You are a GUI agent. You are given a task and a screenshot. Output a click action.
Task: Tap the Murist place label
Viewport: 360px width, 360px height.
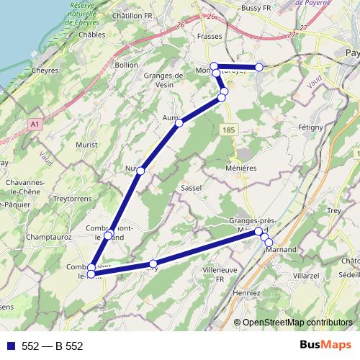(86, 145)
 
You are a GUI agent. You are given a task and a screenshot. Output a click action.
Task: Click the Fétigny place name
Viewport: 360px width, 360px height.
(311, 126)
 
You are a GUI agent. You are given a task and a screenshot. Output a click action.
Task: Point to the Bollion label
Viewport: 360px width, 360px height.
(125, 65)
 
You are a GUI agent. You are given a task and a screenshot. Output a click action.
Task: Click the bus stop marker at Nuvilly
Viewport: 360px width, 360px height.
(140, 171)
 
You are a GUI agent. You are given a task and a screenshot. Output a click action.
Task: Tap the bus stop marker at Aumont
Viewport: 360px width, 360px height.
(179, 123)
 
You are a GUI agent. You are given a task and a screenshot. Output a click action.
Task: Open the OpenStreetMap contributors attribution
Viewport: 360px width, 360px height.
(297, 322)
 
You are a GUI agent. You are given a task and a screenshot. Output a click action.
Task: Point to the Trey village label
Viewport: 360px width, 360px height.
(333, 210)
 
